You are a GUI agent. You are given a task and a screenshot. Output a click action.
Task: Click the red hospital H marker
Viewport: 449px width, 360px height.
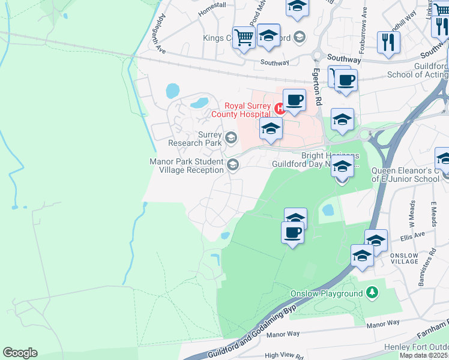pyautogui.click(x=279, y=109)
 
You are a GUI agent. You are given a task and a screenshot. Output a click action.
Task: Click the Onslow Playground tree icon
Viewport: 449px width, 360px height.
pyautogui.click(x=373, y=293)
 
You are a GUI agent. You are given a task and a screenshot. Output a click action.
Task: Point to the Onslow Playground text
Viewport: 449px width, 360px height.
pyautogui.click(x=327, y=293)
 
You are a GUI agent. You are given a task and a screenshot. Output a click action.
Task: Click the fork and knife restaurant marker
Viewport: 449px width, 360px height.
pyautogui.click(x=388, y=41)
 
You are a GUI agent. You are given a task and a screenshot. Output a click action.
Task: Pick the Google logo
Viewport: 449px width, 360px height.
pyautogui.click(x=20, y=353)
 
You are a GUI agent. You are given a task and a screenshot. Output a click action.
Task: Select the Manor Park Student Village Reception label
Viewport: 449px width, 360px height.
pyautogui.click(x=187, y=166)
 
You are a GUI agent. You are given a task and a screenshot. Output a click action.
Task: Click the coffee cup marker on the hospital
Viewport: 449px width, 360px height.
pyautogui.click(x=294, y=100)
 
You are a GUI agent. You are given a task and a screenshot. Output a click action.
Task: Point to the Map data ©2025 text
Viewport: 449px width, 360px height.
pyautogui.click(x=423, y=355)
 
